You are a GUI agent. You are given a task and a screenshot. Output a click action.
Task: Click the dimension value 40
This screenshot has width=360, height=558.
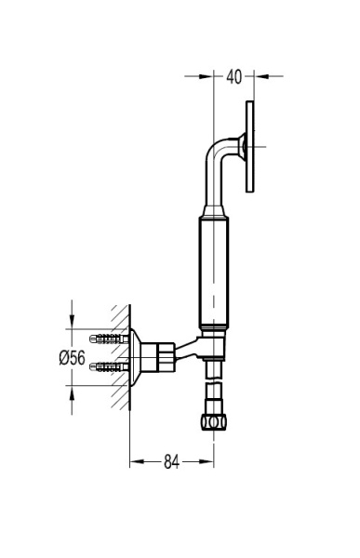(x=233, y=76)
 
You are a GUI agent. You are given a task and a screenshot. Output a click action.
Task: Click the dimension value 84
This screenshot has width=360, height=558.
(x=171, y=462)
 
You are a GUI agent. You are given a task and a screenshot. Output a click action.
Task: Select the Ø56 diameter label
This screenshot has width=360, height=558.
(x=73, y=358)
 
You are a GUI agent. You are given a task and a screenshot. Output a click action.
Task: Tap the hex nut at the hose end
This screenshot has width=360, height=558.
(x=214, y=422)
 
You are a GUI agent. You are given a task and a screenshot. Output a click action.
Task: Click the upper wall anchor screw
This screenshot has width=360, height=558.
(x=109, y=339)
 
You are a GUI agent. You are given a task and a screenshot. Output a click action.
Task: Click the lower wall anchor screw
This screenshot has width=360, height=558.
(x=109, y=367)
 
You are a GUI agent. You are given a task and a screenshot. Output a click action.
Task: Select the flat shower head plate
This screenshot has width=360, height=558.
(x=250, y=147)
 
